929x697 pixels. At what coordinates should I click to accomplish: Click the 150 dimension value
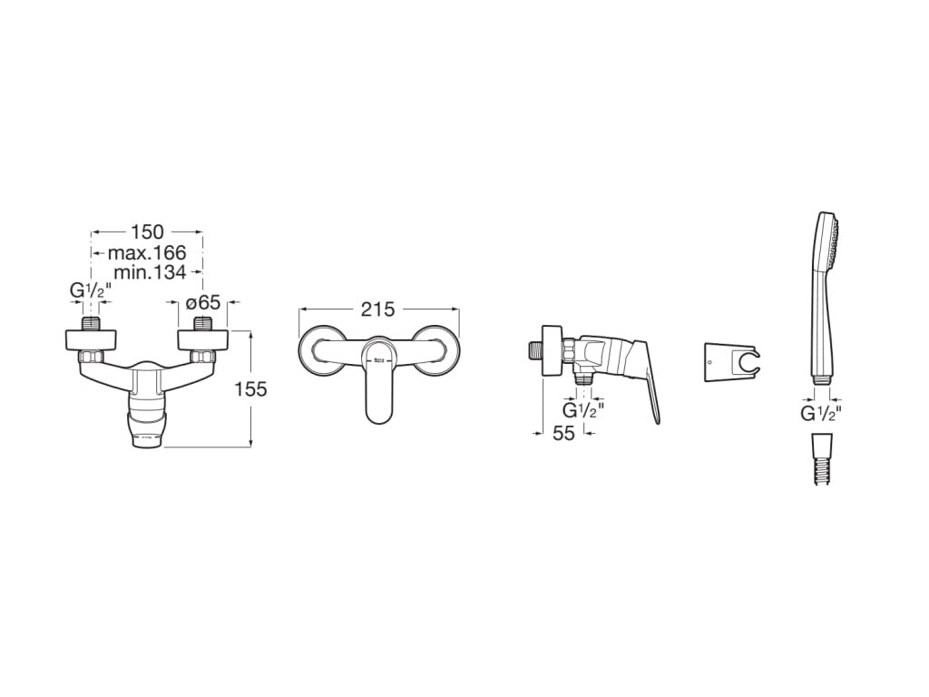pyautogui.click(x=147, y=231)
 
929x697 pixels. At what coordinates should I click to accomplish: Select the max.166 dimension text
pyautogui.click(x=147, y=252)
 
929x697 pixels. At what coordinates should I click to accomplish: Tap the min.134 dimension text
pyautogui.click(x=150, y=272)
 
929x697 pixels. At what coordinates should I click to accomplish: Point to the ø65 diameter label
pyautogui.click(x=203, y=303)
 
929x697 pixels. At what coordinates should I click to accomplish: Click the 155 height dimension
pyautogui.click(x=250, y=389)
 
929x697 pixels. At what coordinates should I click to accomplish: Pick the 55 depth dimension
pyautogui.click(x=563, y=433)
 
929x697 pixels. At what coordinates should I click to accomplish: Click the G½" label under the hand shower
pyautogui.click(x=821, y=413)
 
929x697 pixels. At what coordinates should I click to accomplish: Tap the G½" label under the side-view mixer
pyautogui.click(x=583, y=410)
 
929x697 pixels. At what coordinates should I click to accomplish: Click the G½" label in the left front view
pyautogui.click(x=91, y=290)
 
